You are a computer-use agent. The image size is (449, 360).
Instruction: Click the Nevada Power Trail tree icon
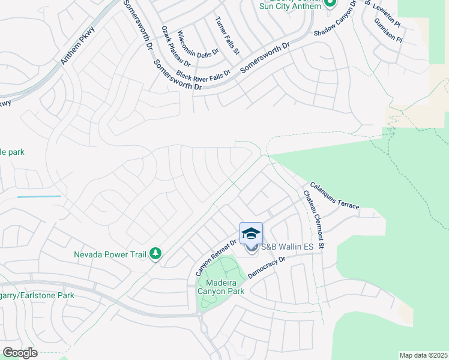pyautogui.click(x=155, y=254)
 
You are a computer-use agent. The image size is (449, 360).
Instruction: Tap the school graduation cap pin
pyautogui.click(x=251, y=233)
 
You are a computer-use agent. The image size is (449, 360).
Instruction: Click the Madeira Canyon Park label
pyautogui.click(x=221, y=287)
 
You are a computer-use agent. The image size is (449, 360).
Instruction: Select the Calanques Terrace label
pyautogui.click(x=334, y=196)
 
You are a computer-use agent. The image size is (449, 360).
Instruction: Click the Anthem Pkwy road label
pyautogui.click(x=79, y=48)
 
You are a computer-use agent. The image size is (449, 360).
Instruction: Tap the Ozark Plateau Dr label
pyautogui.click(x=176, y=46)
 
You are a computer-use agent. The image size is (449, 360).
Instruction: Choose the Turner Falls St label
pyautogui.click(x=228, y=35)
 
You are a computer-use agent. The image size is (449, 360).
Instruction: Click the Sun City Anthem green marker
pyautogui.click(x=329, y=3)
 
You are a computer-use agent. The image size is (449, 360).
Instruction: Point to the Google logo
pyautogui.click(x=20, y=353)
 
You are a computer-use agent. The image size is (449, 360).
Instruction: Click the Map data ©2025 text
pyautogui.click(x=424, y=355)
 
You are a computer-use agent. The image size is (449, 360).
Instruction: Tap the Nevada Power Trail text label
pyautogui.click(x=110, y=254)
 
